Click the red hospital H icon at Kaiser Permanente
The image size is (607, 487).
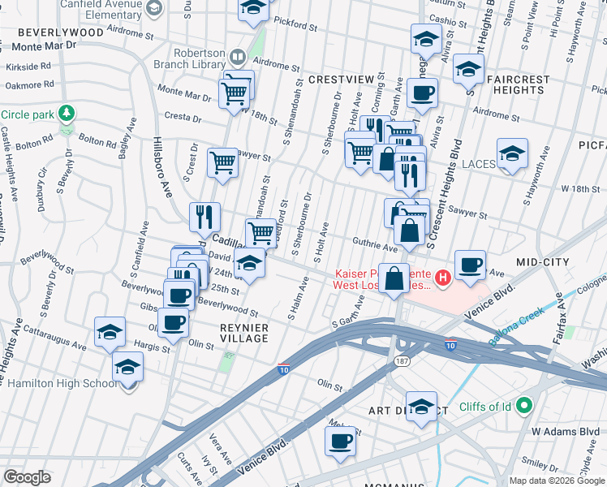coord(442,278)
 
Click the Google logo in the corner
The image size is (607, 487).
coord(27,477)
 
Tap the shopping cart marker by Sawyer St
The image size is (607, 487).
coord(222,162)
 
